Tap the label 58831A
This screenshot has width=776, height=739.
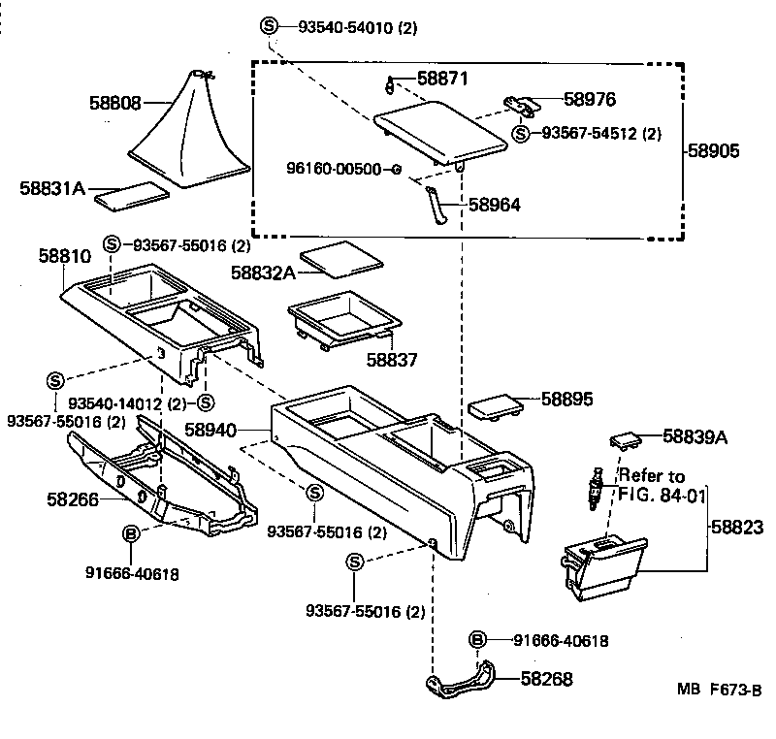pos(49,188)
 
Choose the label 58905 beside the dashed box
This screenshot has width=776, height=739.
pos(713,151)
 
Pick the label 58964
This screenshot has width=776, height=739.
pos(494,205)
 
